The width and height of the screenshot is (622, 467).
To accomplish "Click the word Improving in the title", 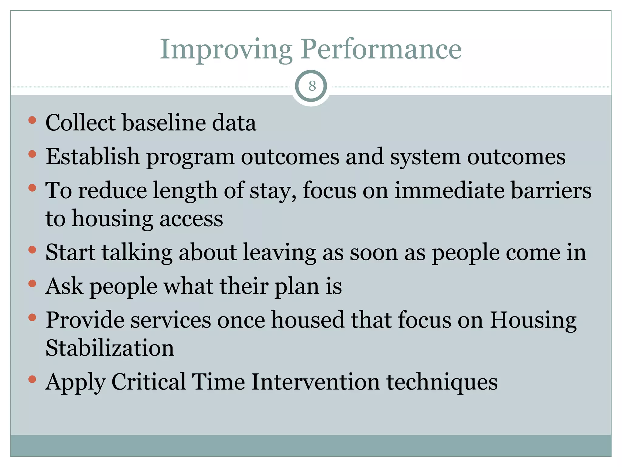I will (x=226, y=50).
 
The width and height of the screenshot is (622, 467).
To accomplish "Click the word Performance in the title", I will (x=381, y=50).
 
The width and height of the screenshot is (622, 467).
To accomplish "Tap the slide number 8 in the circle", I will (x=312, y=86).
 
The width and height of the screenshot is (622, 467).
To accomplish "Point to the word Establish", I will (x=92, y=157).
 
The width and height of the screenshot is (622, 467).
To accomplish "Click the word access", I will (x=191, y=219).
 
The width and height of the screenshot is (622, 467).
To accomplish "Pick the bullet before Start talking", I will (x=32, y=250).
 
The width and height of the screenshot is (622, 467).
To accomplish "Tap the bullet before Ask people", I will (x=32, y=284).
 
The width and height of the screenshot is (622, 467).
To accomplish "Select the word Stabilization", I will (x=110, y=348).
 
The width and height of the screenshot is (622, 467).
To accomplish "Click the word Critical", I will (x=149, y=382).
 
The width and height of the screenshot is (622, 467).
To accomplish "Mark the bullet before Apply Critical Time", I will (x=32, y=379).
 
